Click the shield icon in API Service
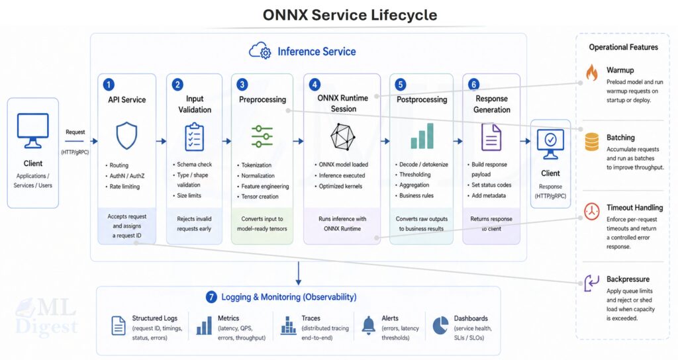(x=126, y=136)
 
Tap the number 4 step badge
(x=315, y=85)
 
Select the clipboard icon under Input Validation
(x=195, y=136)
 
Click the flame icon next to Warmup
(x=591, y=71)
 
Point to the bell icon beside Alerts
(x=369, y=324)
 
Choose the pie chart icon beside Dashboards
(x=440, y=324)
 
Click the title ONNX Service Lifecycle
(x=350, y=15)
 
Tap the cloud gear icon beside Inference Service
(x=260, y=51)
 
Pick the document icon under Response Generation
(x=491, y=136)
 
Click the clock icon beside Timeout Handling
(x=591, y=211)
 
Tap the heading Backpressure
(x=628, y=279)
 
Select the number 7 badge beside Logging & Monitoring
(x=211, y=297)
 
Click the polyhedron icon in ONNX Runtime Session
(x=343, y=138)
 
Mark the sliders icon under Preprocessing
(x=262, y=136)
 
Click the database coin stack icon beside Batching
(x=591, y=142)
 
